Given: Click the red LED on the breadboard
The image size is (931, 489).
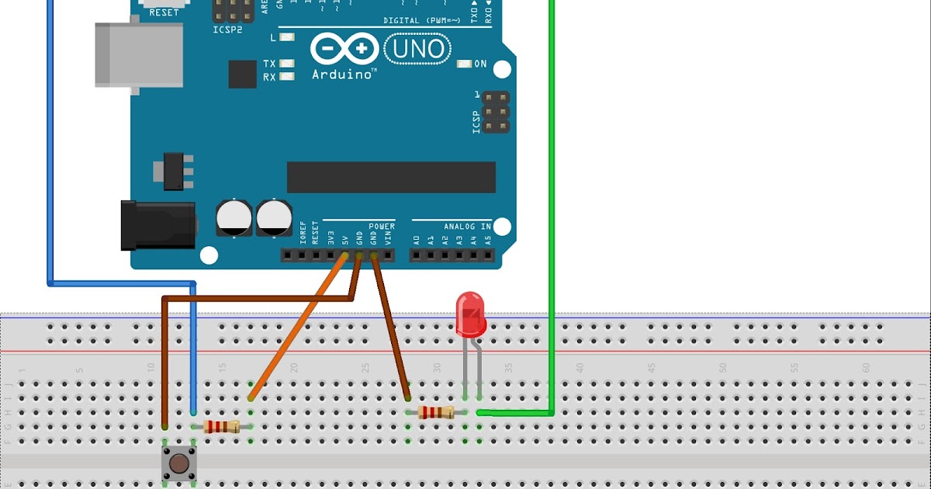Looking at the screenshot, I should (470, 313).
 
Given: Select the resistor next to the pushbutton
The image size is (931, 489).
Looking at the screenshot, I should (221, 426).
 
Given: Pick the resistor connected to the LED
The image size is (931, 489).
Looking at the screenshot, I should (435, 412).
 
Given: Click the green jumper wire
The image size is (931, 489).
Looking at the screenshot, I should (552, 233).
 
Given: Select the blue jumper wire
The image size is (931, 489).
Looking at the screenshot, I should (50, 155).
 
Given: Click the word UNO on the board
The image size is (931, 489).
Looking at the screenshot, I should (420, 50).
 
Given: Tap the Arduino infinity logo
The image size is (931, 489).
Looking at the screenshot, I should (340, 49).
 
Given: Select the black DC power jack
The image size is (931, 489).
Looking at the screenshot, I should (159, 225).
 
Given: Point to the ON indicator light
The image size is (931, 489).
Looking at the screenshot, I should (465, 64).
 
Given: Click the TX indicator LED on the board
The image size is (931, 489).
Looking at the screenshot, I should (288, 64).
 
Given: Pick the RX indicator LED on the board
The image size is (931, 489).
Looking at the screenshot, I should (288, 77).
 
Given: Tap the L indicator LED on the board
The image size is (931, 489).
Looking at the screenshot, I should (288, 37).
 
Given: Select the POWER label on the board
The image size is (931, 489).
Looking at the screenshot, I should (382, 226).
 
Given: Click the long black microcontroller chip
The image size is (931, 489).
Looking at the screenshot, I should (391, 177).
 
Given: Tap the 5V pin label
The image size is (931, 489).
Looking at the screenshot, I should (344, 238).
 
